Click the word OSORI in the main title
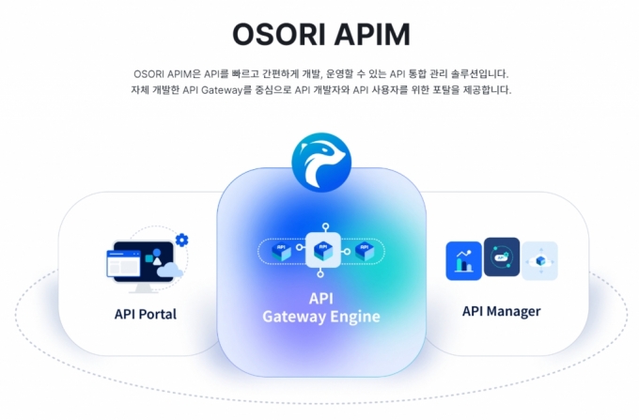coord(279,34)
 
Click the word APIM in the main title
coord(372,34)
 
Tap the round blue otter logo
coord(321,162)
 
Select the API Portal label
coord(146,314)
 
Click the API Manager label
coord(501,311)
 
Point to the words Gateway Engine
coord(321,317)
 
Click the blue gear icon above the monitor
coord(181,240)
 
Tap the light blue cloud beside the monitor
coord(169,270)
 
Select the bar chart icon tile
coord(464,260)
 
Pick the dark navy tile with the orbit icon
coord(502,257)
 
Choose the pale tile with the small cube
coord(539,260)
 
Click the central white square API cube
coord(323,250)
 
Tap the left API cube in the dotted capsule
coord(281,252)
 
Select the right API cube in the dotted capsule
coord(365,252)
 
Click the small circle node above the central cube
coord(325,226)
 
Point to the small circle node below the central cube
coord(320,274)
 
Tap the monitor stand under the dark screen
coord(144,288)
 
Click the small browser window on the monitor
coord(123,264)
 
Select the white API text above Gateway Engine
coord(321,299)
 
